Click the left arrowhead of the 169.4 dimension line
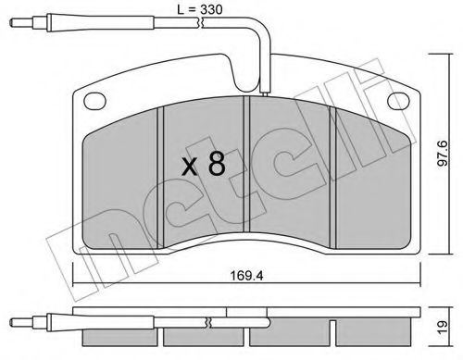click(74, 283)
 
